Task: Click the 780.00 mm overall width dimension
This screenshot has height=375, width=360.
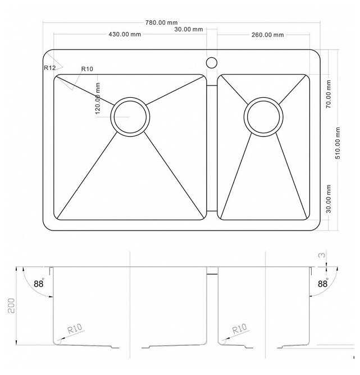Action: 162,22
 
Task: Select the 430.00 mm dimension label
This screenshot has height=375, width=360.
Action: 125,34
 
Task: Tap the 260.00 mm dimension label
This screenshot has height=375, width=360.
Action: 267,35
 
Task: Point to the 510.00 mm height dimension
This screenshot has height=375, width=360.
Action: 338,143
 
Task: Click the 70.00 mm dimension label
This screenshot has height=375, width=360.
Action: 329,94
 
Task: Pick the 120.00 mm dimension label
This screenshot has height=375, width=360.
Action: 98,98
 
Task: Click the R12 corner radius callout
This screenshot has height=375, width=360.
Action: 49,68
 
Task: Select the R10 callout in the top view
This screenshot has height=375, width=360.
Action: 87,69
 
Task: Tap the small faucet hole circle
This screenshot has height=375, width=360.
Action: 212,62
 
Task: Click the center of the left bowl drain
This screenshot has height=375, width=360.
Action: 130,117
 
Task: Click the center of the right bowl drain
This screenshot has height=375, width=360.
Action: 263,117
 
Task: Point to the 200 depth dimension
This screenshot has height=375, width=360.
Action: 11,306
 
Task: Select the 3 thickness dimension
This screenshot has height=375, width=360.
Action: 322,255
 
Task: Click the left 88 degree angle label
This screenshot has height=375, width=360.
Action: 39,284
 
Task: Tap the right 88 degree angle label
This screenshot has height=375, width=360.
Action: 323,284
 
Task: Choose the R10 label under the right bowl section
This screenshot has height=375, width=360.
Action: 240,328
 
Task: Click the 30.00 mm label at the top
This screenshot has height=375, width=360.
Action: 189,29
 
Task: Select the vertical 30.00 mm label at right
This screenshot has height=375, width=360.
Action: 329,198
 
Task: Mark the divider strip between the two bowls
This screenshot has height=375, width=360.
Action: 212,148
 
